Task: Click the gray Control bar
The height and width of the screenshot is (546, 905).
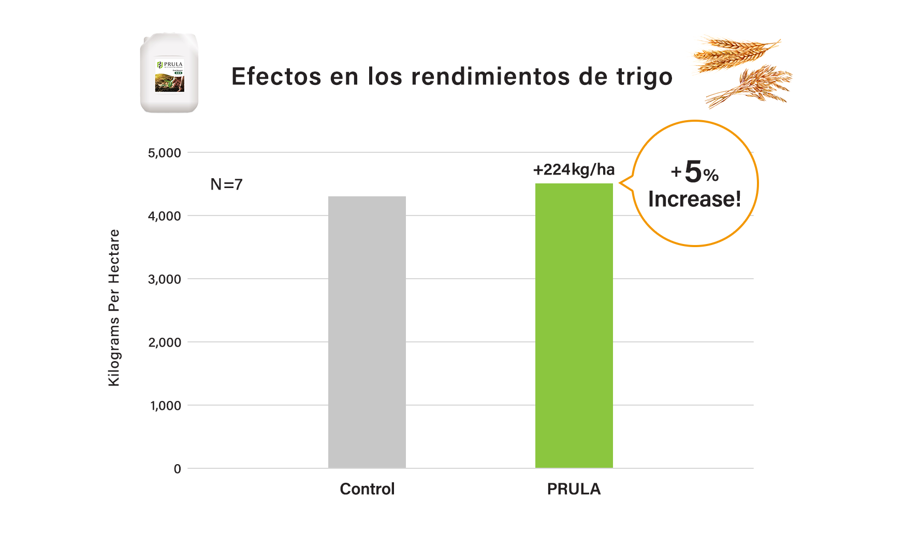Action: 367,332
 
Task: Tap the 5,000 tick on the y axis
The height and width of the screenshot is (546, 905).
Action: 165,153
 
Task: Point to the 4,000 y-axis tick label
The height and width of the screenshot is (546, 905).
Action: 165,216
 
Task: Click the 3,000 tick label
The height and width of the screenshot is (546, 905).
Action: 165,279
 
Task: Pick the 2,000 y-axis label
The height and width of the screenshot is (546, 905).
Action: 165,342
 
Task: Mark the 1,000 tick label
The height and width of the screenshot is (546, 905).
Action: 166,406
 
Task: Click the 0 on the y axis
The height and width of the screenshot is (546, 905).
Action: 177,469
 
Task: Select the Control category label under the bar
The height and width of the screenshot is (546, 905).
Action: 367,489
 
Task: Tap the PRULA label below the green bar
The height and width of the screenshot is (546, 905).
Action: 574,489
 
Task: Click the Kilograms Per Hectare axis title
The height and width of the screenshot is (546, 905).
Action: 114,308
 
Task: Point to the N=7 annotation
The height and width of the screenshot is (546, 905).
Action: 226,184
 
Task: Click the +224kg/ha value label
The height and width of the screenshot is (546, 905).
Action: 574,169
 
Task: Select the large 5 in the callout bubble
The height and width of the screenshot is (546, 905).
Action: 693,171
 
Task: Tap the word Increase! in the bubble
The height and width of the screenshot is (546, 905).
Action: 694,199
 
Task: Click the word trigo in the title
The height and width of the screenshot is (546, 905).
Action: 644,77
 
